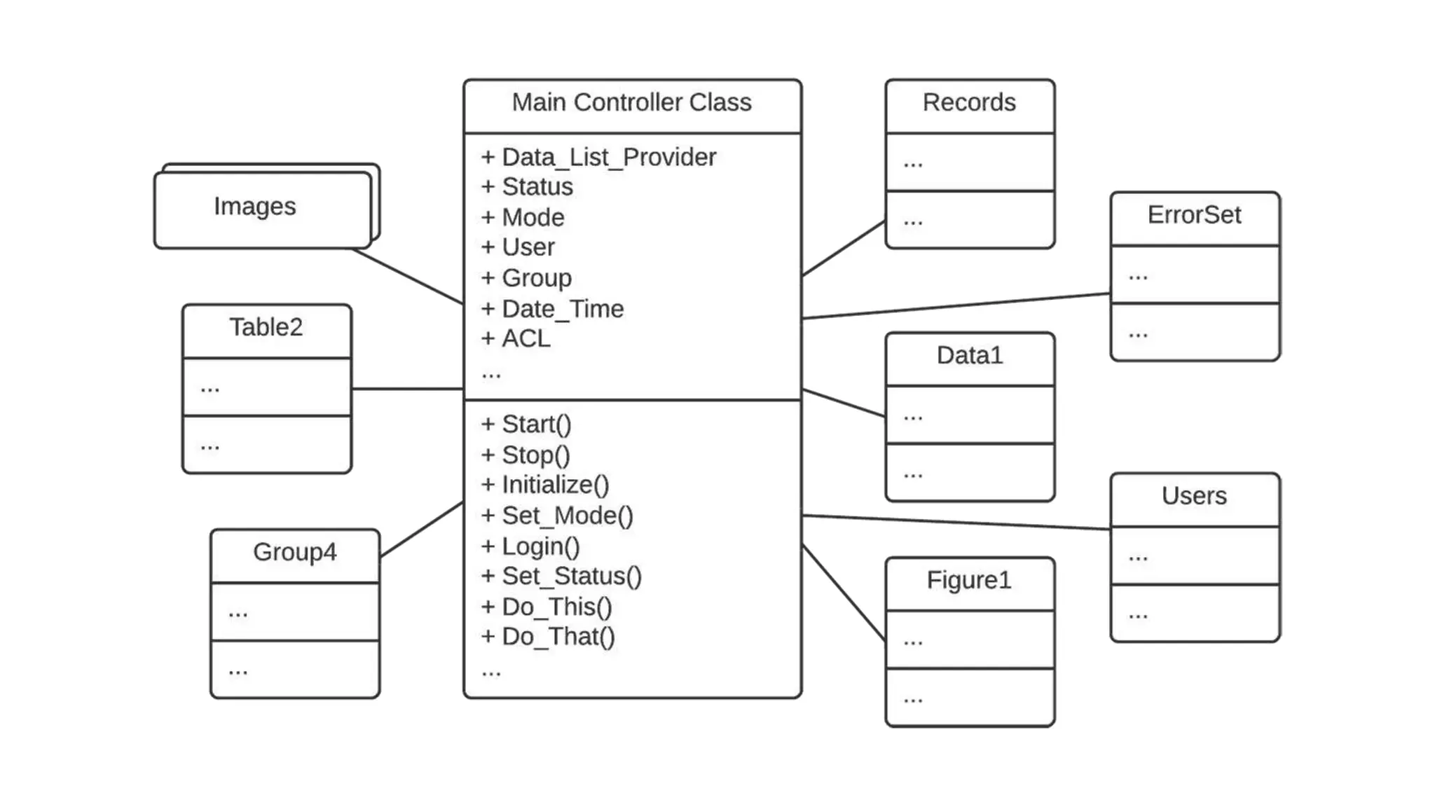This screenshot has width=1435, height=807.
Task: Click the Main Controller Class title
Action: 631,103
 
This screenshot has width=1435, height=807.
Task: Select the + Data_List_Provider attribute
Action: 598,158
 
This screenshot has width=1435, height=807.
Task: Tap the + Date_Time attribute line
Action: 552,309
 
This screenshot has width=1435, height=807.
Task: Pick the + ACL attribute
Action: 516,339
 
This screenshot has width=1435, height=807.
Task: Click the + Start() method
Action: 526,425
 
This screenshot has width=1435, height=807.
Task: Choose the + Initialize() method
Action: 545,485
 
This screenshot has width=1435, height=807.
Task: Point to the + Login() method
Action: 530,546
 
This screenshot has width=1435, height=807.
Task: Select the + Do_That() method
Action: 548,637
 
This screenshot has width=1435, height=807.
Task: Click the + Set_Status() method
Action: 561,577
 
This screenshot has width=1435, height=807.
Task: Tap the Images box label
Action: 255,207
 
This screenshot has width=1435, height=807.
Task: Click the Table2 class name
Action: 266,327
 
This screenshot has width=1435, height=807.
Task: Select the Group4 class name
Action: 294,552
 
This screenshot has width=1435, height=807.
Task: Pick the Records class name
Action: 969,103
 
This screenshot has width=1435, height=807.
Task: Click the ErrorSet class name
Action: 1194,215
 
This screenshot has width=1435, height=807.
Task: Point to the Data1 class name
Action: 970,356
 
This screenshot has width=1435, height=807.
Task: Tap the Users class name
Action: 1194,496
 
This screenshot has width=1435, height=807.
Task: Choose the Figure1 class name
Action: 969,581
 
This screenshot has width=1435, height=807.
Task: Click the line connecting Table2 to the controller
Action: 407,389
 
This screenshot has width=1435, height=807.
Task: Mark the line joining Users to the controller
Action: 956,523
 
